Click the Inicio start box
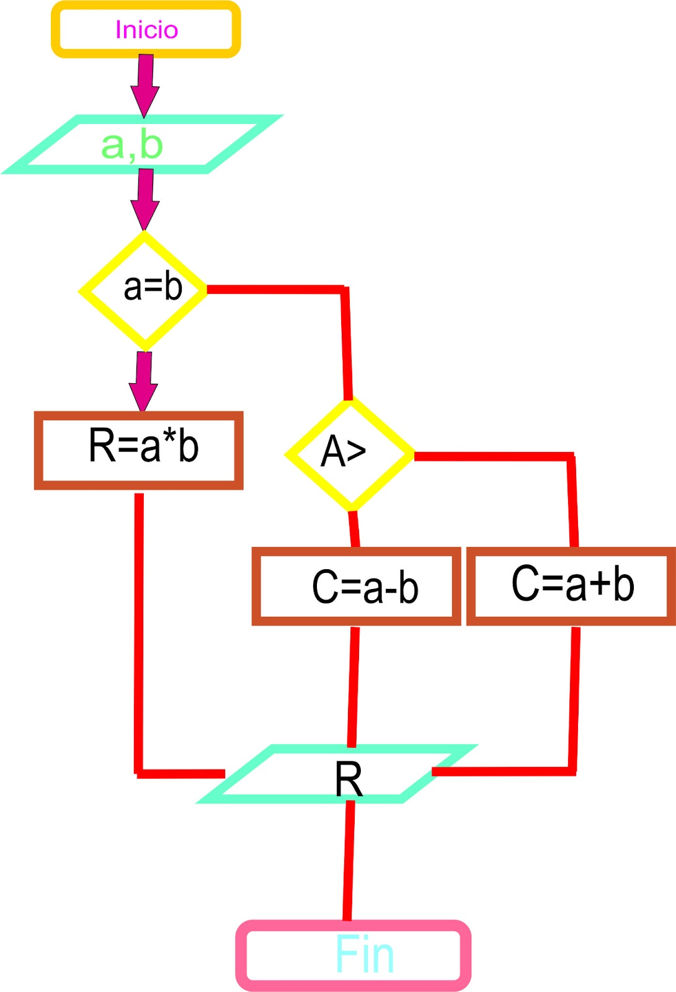(x=146, y=30)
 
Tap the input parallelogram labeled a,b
(x=143, y=144)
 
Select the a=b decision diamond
(x=144, y=290)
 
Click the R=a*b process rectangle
(x=138, y=450)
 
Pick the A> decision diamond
(x=349, y=454)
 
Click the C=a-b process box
(x=356, y=586)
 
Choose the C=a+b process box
(x=571, y=585)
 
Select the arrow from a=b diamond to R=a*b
(x=144, y=379)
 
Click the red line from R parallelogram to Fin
(x=349, y=862)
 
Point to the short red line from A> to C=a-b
(x=354, y=529)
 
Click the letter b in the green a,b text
(x=151, y=144)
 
